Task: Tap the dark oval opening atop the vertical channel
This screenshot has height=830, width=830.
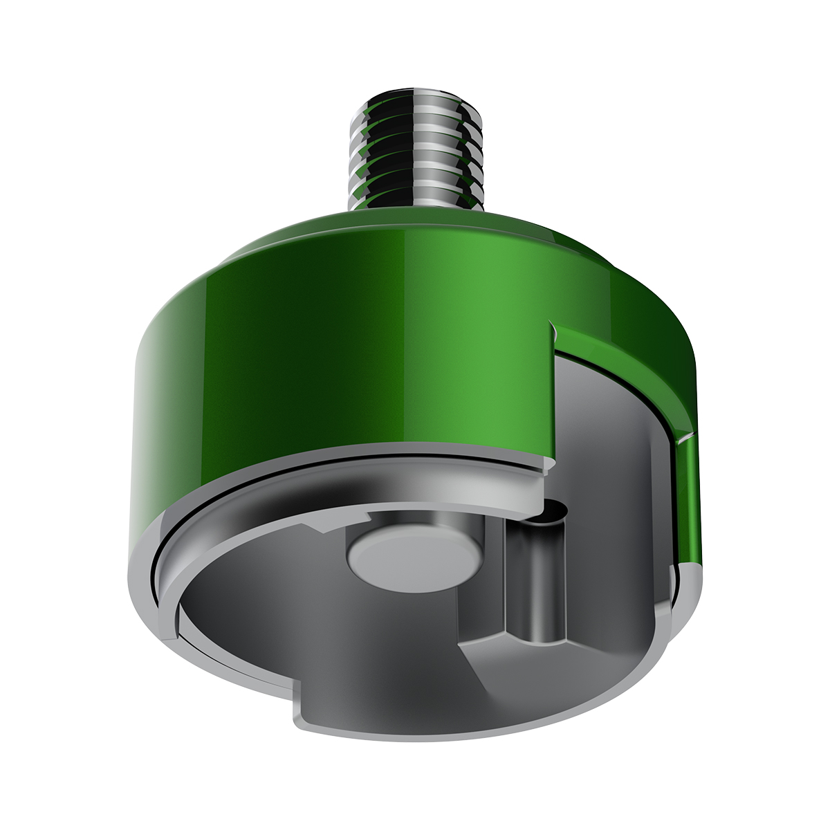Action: pyautogui.click(x=551, y=513)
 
